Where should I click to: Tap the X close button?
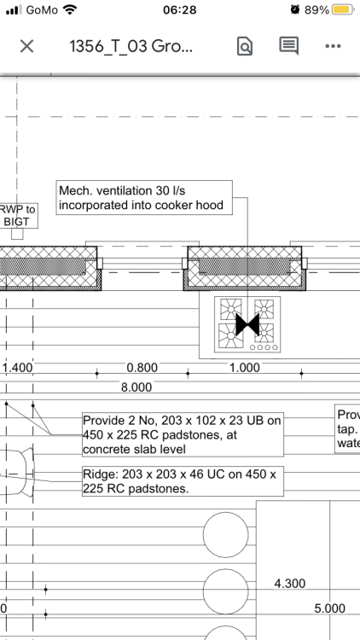point(27,47)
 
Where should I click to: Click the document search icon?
point(245,46)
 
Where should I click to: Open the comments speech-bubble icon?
point(288,46)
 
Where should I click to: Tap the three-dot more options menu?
point(333,46)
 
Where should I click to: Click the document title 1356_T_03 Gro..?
point(131,47)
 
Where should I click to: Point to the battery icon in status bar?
point(343,9)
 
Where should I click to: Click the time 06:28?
point(180,9)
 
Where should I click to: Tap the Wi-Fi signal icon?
point(70,9)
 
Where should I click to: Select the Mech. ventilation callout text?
point(142,198)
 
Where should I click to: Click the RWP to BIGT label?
point(18,215)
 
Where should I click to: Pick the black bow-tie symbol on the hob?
point(247,325)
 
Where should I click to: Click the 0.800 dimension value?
point(142,368)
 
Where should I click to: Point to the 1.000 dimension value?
point(245,368)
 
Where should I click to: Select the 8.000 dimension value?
point(136,387)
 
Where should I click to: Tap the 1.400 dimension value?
point(18,368)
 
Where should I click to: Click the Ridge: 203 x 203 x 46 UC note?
point(180,481)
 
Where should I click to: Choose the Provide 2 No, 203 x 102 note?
point(182,434)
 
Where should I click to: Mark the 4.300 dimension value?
point(290,584)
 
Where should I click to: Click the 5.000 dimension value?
point(330,608)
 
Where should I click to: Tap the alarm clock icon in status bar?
point(295,9)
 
